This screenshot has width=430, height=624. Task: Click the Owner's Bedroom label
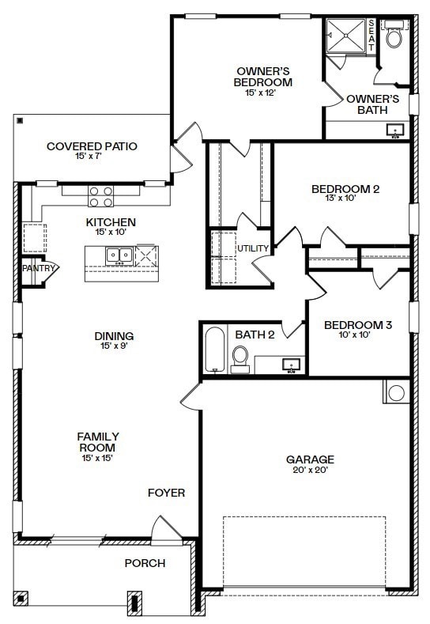click(x=263, y=76)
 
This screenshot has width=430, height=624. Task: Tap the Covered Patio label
click(x=92, y=146)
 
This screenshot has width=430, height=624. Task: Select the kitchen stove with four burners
click(x=100, y=196)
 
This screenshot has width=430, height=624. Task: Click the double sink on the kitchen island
click(x=119, y=255)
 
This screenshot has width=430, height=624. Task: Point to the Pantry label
click(x=39, y=269)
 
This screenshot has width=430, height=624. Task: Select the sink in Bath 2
click(x=292, y=365)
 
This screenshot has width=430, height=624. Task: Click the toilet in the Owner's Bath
click(x=394, y=36)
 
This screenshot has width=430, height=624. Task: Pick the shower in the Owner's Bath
click(x=345, y=36)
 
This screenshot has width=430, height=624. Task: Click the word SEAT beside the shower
click(x=372, y=36)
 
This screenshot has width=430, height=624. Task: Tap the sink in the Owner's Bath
click(x=394, y=130)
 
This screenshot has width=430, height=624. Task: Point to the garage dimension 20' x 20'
click(x=310, y=471)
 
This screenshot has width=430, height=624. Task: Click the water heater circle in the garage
click(x=395, y=392)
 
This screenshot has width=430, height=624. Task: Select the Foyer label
click(x=166, y=493)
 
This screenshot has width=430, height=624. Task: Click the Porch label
click(x=145, y=563)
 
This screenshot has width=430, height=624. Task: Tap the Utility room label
click(x=253, y=248)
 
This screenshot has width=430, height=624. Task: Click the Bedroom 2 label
click(x=345, y=189)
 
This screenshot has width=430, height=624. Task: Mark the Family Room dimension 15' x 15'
click(x=98, y=458)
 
